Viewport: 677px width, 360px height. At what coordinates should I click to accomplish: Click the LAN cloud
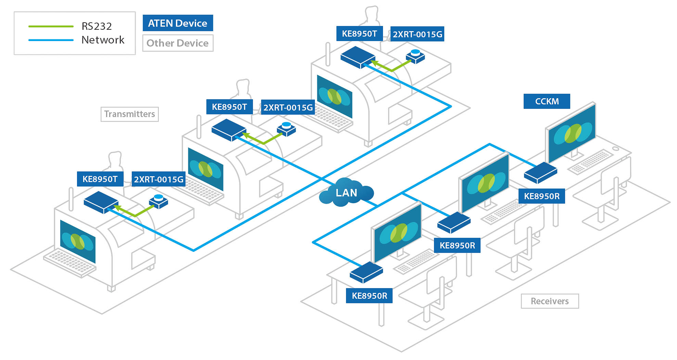[x=346, y=193]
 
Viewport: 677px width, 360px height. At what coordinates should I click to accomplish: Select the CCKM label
[x=547, y=101]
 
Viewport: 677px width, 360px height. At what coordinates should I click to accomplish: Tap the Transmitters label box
[x=129, y=114]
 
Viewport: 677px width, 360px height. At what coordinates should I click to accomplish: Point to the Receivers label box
[x=549, y=301]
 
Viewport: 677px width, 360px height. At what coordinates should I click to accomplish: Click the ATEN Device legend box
[x=178, y=23]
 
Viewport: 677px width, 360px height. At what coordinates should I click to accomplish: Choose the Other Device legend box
[x=178, y=43]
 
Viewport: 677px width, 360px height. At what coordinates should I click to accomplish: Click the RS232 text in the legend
[x=97, y=26]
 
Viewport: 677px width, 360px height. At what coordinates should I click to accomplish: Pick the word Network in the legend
[x=103, y=40]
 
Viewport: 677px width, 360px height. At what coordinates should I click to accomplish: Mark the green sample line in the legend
[x=51, y=26]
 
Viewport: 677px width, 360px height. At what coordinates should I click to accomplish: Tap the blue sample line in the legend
[x=51, y=40]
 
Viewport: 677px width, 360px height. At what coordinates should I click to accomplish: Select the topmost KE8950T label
[x=359, y=34]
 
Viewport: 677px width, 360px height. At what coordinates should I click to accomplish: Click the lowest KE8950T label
[x=100, y=179]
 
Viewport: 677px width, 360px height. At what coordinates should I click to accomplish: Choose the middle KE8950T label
[x=229, y=107]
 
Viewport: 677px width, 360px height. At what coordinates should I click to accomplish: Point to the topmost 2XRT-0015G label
[x=417, y=34]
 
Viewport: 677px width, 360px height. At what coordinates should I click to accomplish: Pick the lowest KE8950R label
[x=369, y=296]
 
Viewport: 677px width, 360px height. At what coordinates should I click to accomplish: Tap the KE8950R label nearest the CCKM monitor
[x=541, y=196]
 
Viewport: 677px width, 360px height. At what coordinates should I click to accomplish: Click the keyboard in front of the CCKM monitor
[x=591, y=161]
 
